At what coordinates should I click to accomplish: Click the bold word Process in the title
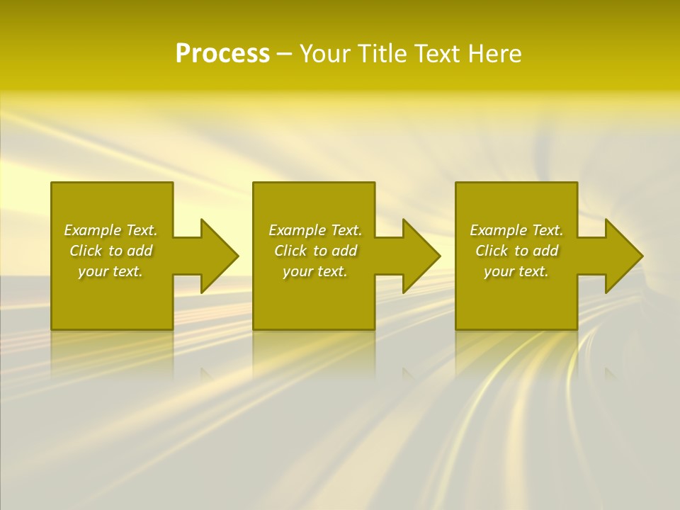pos(222,54)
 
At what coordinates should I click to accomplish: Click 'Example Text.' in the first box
pos(110,230)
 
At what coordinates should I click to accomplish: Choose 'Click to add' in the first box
pos(110,251)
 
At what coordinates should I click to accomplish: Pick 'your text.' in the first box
pos(110,271)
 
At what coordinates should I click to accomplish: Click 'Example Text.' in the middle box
pos(315,230)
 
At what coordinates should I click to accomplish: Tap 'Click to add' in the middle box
pos(315,251)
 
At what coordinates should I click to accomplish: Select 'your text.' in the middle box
pos(315,271)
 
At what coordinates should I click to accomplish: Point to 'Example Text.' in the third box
pos(516,230)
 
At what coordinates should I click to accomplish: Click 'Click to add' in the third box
pos(516,251)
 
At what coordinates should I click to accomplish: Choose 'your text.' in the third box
pos(516,271)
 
